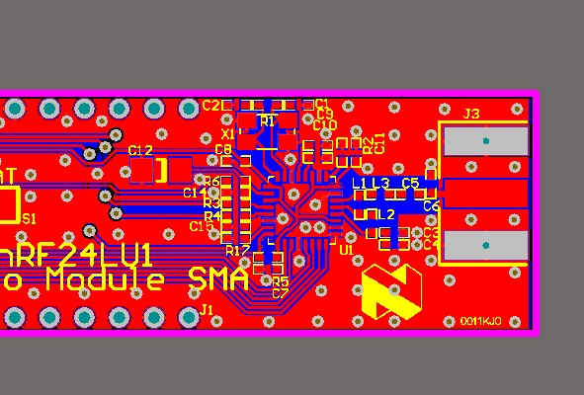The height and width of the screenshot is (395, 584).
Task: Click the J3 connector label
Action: (470, 115)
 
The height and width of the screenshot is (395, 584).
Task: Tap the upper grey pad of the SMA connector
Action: (485, 141)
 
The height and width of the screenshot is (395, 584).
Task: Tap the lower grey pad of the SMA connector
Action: (485, 244)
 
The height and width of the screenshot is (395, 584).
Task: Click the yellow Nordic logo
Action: (391, 290)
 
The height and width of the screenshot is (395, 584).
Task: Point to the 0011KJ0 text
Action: (480, 321)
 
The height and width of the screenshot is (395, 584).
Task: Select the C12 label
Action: (140, 150)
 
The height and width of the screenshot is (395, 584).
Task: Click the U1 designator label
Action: (346, 251)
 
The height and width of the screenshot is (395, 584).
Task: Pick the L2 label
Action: (386, 214)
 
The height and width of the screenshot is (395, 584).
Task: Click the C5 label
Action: (410, 184)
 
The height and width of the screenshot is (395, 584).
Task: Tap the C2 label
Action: (210, 105)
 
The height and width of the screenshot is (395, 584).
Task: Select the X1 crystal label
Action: (228, 133)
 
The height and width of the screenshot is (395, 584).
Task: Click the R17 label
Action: (237, 250)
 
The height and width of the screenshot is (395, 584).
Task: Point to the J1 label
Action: (208, 310)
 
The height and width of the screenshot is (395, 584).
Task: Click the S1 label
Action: (29, 219)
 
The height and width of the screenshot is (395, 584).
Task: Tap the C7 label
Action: (280, 293)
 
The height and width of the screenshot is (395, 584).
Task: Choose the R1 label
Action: (267, 119)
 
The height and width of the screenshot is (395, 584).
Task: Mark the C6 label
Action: (431, 206)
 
